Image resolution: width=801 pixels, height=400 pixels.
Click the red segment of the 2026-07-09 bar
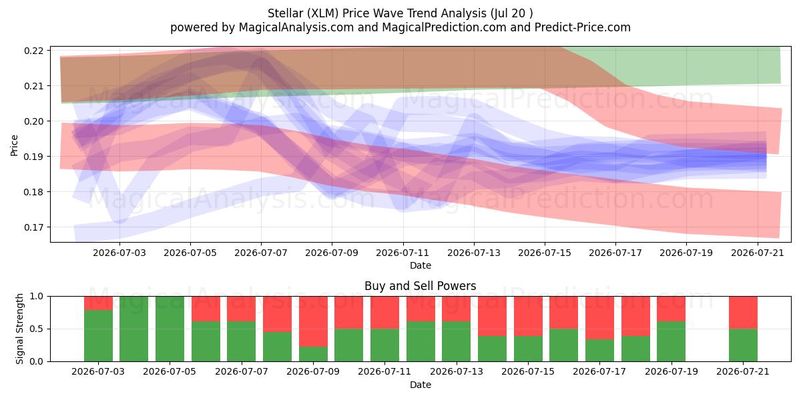313,321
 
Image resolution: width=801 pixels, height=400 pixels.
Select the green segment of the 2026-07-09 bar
313,354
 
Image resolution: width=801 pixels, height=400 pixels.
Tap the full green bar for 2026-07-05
170,329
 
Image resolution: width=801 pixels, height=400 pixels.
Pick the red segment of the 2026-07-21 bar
743,313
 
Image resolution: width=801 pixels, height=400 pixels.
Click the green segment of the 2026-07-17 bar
599,351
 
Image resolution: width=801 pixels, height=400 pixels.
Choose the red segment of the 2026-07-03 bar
98,303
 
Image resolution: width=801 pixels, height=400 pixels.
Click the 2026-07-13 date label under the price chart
474,253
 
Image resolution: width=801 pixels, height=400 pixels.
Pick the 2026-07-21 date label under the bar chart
743,371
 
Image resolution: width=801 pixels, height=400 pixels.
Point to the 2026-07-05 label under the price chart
190,253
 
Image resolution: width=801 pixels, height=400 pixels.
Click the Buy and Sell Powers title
420,286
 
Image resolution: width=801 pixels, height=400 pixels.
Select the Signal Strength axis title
19,329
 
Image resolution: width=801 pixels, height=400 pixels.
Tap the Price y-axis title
14,145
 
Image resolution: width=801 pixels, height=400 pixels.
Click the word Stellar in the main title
285,13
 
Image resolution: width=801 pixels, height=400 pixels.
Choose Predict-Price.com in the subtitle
583,27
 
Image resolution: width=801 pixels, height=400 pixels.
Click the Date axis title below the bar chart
421,385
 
